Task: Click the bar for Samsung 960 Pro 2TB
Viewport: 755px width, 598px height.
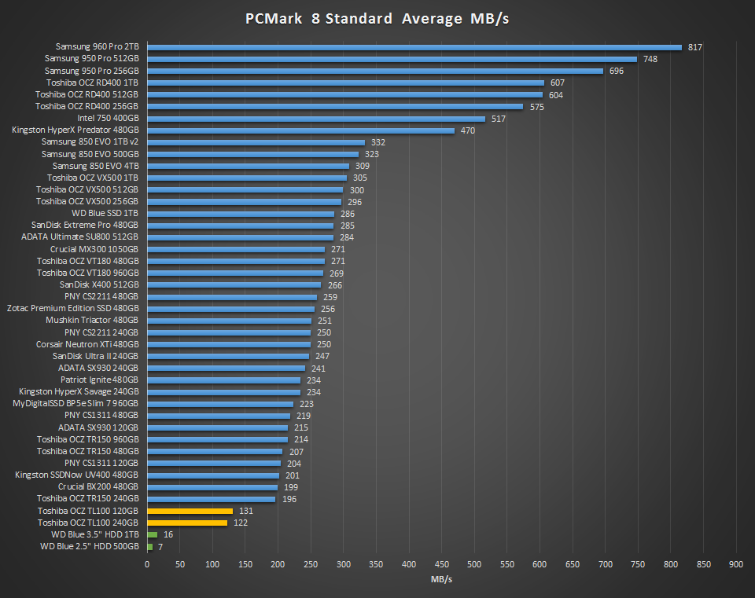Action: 414,47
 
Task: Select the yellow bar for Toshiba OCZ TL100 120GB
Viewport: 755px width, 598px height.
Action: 190,511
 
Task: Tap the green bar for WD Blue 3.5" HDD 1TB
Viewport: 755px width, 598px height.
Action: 152,534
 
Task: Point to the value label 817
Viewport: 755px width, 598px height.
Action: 694,47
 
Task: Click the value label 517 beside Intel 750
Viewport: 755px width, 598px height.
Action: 498,119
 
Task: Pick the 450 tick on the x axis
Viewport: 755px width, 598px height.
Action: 441,564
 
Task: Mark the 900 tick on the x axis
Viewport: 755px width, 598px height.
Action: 736,564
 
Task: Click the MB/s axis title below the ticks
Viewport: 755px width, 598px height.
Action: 441,579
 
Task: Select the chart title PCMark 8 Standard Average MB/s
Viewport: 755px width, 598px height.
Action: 377,19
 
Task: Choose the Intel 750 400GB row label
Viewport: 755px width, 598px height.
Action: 108,119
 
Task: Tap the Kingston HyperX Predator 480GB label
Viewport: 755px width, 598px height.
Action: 75,130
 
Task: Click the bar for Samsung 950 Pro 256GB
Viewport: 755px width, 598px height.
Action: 374,71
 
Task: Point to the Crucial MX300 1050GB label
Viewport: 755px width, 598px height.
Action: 94,249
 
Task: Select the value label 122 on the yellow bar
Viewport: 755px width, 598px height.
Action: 241,523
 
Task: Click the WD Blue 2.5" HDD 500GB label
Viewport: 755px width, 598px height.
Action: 90,546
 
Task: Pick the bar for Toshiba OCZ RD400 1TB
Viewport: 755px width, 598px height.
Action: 345,83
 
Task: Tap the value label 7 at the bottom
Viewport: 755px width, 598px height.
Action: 160,546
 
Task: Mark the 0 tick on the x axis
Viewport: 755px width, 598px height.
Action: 147,564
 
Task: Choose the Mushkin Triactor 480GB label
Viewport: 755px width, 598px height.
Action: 92,321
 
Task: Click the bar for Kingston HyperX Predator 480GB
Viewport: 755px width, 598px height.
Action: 300,130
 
